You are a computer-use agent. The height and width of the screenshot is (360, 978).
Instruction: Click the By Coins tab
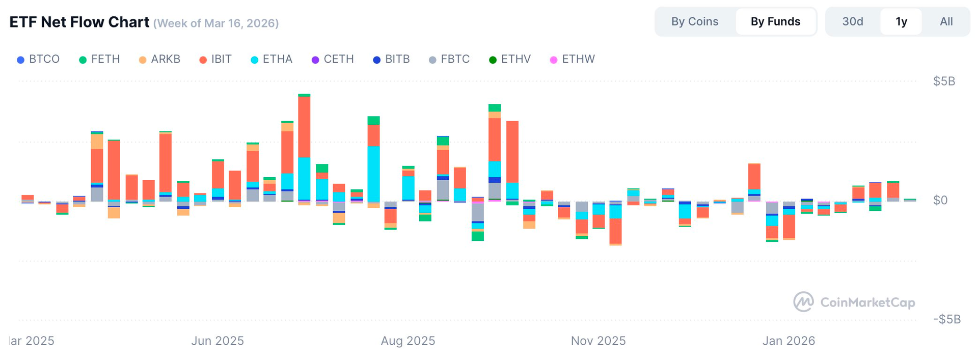point(695,21)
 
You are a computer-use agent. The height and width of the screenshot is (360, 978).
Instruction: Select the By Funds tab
point(775,21)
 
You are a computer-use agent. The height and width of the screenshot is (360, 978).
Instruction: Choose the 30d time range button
point(853,21)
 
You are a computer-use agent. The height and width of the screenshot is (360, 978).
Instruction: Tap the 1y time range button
point(901,21)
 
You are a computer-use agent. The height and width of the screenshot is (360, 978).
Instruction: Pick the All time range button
point(946,21)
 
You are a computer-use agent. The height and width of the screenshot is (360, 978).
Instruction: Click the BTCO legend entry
point(39,59)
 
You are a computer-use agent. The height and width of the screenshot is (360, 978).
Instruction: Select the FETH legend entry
point(100,59)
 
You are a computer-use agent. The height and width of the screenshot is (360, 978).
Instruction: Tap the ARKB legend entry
point(160,59)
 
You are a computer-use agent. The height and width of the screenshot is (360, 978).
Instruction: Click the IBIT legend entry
point(215,59)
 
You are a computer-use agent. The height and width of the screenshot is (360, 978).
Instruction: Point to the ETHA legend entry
point(272,59)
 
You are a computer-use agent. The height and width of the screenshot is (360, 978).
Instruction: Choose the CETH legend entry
point(333,59)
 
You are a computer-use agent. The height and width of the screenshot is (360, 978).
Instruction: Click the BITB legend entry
point(392,59)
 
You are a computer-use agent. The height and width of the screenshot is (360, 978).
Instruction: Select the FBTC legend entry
point(450,59)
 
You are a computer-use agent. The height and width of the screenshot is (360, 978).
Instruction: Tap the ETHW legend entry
point(573,59)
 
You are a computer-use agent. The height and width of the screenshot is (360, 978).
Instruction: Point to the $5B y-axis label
point(944,81)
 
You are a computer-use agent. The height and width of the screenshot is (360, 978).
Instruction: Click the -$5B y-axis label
point(947,319)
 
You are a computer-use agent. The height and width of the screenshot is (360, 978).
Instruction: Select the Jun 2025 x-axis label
point(218,341)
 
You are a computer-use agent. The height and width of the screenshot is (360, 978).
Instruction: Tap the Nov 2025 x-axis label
point(598,341)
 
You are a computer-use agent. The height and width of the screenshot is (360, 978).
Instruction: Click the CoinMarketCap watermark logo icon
point(803,302)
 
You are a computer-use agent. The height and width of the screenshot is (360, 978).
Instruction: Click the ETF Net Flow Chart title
point(79,22)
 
